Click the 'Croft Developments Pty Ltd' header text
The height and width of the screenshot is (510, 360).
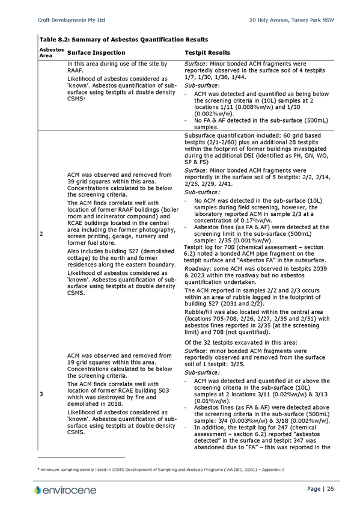pyautogui.click(x=71, y=20)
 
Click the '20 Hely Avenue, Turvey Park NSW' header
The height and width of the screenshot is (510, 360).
pyautogui.click(x=291, y=20)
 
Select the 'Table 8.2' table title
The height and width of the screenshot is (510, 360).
pyautogui.click(x=124, y=40)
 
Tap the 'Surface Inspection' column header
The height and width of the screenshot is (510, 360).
pyautogui.click(x=96, y=53)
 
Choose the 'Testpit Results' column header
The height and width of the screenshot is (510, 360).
pyautogui.click(x=207, y=53)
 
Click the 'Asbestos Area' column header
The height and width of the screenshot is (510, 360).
pyautogui.click(x=52, y=52)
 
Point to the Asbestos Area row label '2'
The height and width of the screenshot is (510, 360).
pyautogui.click(x=41, y=234)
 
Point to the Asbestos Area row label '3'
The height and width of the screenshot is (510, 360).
pyautogui.click(x=41, y=394)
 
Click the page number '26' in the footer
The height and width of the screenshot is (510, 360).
pyautogui.click(x=331, y=489)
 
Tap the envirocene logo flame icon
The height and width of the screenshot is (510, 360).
pyautogui.click(x=38, y=490)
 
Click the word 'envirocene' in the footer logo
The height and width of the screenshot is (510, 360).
pyautogui.click(x=70, y=490)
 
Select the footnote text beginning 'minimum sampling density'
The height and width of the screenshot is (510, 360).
pyautogui.click(x=162, y=470)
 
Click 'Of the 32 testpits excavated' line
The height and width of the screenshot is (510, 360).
pyautogui.click(x=241, y=342)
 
